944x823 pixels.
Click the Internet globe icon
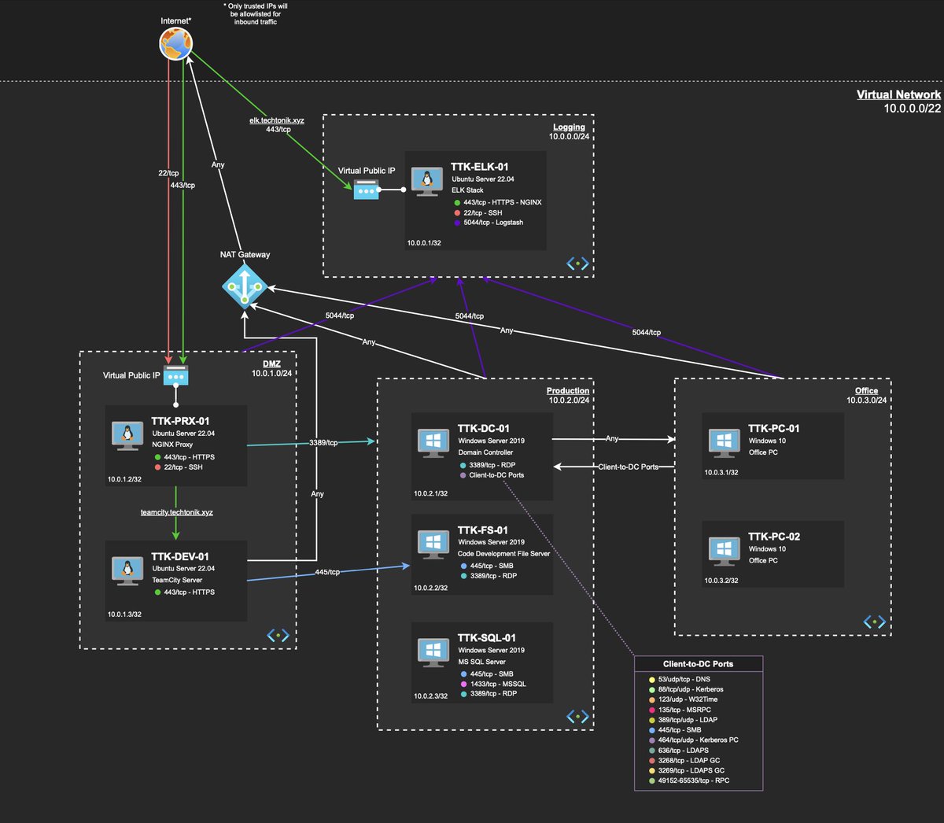coord(175,44)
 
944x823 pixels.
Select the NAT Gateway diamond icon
coord(245,286)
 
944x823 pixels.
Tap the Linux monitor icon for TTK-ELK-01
coord(427,182)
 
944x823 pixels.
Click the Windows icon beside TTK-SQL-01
coord(433,651)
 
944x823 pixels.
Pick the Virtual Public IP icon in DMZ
coord(176,375)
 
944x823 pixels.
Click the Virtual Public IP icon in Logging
coord(366,190)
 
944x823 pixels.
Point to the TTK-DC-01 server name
coord(483,429)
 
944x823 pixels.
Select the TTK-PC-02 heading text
coord(773,537)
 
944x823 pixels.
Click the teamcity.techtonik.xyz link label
coord(177,512)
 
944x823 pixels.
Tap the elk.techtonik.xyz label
coord(277,120)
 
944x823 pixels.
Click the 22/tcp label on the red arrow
coord(168,173)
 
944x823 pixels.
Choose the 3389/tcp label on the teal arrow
coord(323,443)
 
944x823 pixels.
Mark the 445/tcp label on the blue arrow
coord(327,572)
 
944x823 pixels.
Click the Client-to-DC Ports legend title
coord(698,664)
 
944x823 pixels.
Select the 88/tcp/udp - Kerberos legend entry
coord(690,689)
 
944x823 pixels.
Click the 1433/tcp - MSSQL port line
coord(497,684)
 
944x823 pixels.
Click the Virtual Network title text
coord(898,94)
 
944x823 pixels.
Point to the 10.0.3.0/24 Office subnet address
coord(866,400)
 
